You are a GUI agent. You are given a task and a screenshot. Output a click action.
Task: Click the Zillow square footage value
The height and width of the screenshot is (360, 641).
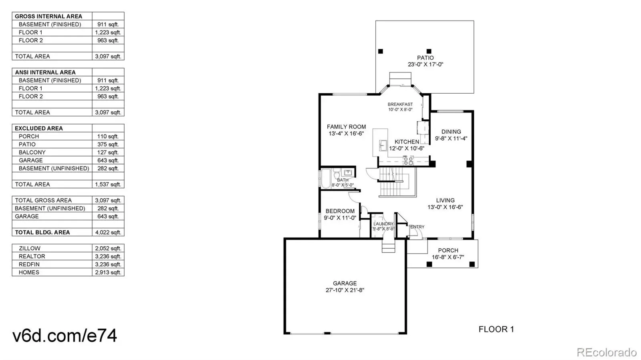[x=108, y=248]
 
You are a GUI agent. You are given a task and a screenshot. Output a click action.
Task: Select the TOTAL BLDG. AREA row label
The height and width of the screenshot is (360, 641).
[x=42, y=232]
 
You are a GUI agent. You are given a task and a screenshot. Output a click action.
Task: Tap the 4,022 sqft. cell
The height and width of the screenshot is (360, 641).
[x=108, y=232]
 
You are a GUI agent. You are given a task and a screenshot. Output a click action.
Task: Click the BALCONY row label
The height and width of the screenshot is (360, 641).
[x=32, y=152]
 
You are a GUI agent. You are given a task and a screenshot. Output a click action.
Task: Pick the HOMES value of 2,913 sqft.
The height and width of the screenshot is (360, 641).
[x=108, y=272]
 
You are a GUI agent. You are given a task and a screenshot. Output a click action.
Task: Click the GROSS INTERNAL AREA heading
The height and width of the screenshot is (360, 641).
[x=48, y=16]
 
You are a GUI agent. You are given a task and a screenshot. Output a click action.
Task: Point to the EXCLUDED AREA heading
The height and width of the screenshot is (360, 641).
[x=38, y=128]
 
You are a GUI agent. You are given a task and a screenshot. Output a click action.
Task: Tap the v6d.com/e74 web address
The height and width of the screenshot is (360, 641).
[x=65, y=335]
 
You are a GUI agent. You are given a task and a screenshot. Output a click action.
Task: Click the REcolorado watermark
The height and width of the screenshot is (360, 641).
[x=607, y=352]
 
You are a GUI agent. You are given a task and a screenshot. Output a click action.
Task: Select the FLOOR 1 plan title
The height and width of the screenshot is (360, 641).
[x=496, y=329]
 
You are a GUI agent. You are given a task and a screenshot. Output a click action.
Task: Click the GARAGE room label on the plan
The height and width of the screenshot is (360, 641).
[x=345, y=283]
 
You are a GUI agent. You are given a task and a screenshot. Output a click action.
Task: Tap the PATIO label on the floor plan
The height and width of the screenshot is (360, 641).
[x=425, y=58]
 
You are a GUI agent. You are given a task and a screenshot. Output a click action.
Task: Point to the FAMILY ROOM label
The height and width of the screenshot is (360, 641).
[x=346, y=127]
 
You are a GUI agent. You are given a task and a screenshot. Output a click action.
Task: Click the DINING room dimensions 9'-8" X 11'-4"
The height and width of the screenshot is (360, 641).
[x=451, y=139]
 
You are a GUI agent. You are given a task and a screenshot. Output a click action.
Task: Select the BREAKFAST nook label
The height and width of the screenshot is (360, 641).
[x=400, y=105]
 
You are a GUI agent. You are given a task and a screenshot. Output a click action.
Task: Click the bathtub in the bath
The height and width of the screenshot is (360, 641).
[x=326, y=179]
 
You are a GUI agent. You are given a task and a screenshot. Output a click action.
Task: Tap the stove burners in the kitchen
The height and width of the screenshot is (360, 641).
[x=408, y=161]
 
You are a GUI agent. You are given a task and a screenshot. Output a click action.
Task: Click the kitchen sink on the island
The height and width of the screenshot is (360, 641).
[x=383, y=145]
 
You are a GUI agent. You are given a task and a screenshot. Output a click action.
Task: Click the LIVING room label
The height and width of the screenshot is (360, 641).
[x=445, y=200]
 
